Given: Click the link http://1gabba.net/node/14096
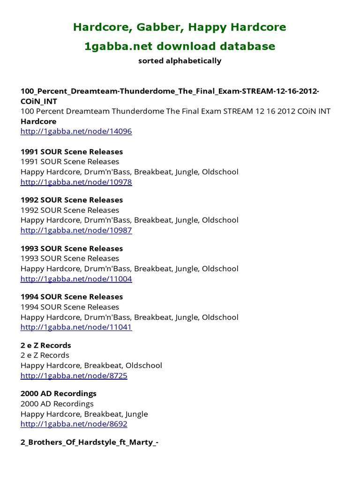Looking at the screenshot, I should pos(76,131).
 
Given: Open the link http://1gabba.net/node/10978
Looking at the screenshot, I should pos(76,182).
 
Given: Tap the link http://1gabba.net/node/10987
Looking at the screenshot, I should pos(76,230).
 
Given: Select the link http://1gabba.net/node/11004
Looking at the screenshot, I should pos(76,279).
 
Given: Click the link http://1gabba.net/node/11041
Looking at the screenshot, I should pos(76,327).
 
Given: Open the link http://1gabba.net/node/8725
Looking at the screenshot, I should pos(74,375).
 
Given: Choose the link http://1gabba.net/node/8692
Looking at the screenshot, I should pos(74,424).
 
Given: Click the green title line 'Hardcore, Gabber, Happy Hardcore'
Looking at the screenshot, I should pos(180,27).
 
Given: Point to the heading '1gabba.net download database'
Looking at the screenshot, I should pos(180,46).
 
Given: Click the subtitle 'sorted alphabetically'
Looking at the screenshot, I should pos(180,61).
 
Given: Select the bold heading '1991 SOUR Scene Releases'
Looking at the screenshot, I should pos(71,152).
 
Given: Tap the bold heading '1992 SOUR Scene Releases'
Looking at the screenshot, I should pos(71,200).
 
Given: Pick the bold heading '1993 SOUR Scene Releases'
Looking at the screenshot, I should pos(71,248).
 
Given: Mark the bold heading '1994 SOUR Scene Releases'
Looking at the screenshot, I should pos(71,297).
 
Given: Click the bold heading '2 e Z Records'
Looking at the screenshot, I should pos(45,345).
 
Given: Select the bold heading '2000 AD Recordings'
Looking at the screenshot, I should pos(58,394).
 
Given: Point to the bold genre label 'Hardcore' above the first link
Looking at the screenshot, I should pos(38,121).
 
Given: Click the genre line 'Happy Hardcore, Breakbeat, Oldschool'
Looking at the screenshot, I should pos(91,366).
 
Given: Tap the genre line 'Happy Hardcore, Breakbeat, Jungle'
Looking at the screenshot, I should pos(84,414).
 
